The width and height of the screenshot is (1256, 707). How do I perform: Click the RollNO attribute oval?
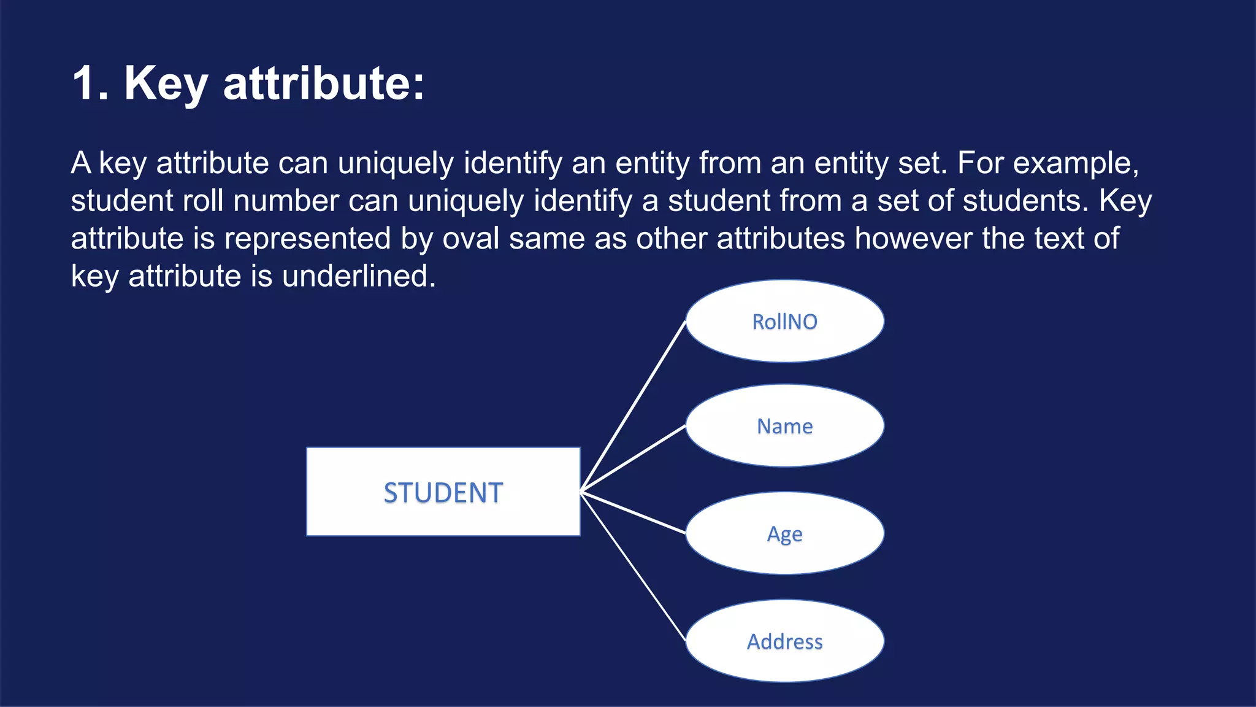coord(784,321)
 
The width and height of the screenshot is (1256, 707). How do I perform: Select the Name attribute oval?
coord(784,425)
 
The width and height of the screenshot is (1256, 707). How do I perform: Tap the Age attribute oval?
coord(784,533)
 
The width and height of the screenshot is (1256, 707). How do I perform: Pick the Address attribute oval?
coord(784,641)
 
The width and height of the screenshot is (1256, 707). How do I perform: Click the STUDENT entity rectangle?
coord(443,492)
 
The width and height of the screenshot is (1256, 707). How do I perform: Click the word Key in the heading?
coord(166,84)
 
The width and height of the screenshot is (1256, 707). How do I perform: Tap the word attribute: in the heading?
coord(323,83)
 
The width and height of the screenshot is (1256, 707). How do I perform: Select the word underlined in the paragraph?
coord(359,276)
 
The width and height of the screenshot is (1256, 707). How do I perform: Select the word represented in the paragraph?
coord(307,239)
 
